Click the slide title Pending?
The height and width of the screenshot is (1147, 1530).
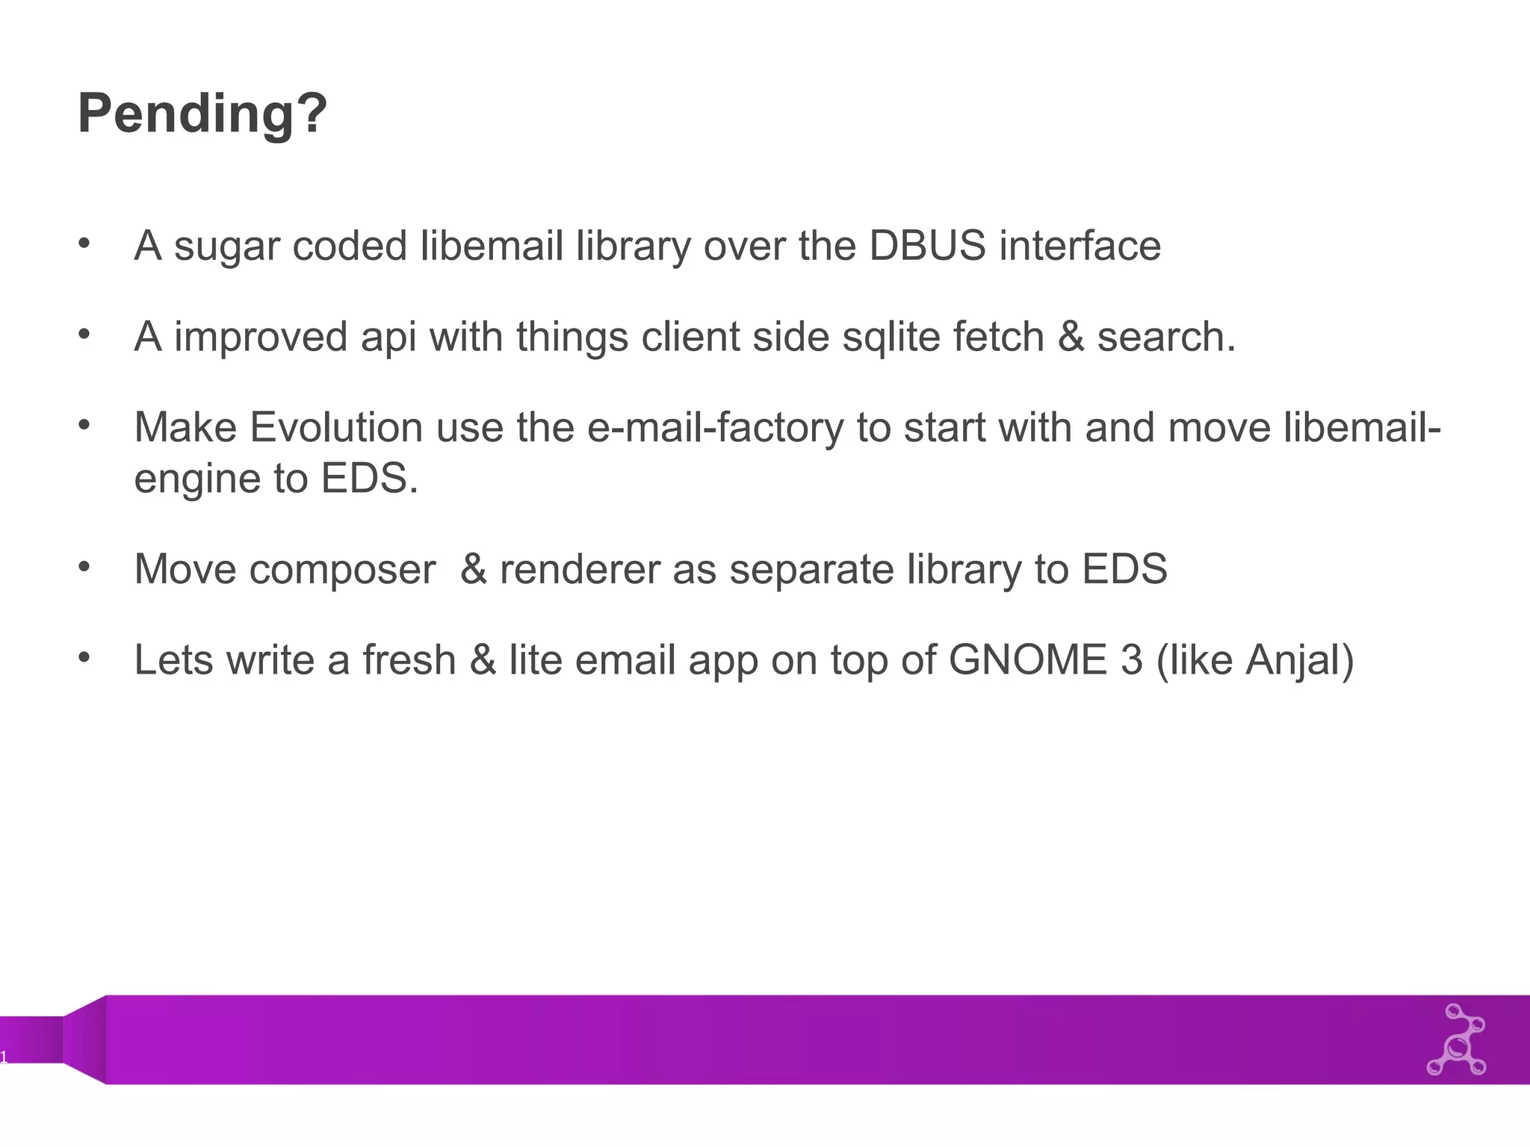coord(202,114)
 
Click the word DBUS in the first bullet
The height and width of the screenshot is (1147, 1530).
coord(927,246)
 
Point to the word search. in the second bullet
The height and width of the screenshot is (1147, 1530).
coord(1166,337)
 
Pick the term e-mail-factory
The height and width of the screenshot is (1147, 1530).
coord(716,429)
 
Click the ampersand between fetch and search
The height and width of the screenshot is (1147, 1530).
coord(1071,337)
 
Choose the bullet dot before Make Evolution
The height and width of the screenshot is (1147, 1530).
coord(84,425)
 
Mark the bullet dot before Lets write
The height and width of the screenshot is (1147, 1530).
coord(84,657)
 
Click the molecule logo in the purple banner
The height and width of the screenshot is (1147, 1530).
coord(1456,1039)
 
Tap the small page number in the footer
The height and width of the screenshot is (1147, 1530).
coord(4,1057)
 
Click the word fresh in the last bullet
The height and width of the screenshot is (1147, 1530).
coord(409,660)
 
